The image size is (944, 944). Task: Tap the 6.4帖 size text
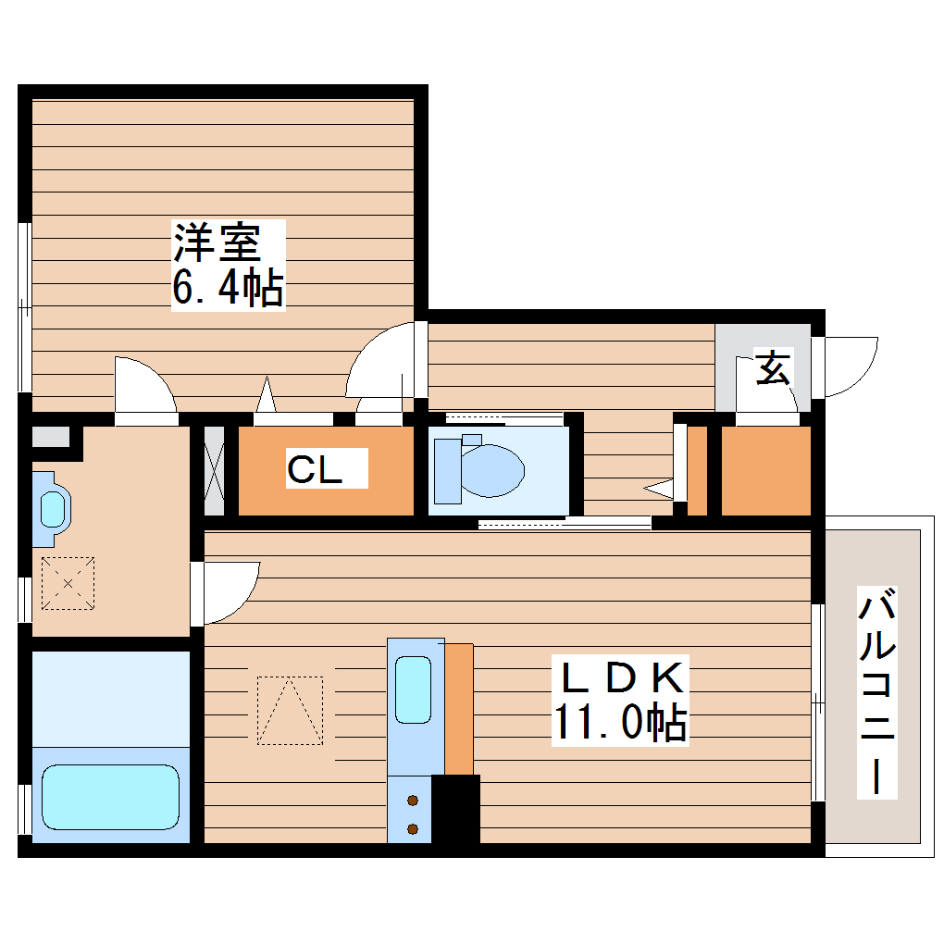pyautogui.click(x=227, y=289)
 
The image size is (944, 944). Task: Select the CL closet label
pyautogui.click(x=314, y=470)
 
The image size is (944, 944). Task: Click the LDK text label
pyautogui.click(x=621, y=678)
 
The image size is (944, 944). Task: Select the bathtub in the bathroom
pyautogui.click(x=110, y=796)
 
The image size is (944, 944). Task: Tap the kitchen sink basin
pyautogui.click(x=413, y=689)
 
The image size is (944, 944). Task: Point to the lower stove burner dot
pyautogui.click(x=413, y=827)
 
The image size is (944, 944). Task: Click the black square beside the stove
pyautogui.click(x=455, y=809)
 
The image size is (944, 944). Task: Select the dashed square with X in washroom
pyautogui.click(x=68, y=584)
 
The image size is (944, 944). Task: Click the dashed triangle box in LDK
pyautogui.click(x=290, y=710)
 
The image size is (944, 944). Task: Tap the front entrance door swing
pyautogui.click(x=850, y=366)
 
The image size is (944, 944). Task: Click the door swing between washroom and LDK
pyautogui.click(x=227, y=590)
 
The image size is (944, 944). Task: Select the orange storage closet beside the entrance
pyautogui.click(x=764, y=470)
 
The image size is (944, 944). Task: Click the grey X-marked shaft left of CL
pyautogui.click(x=214, y=470)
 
